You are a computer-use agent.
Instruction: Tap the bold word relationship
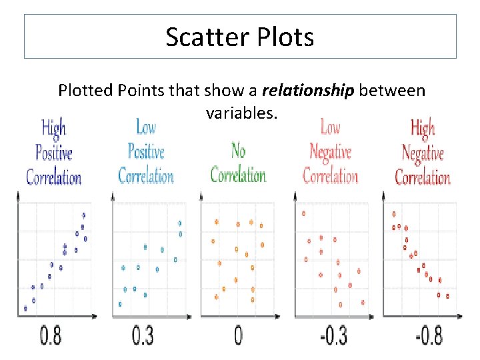[308, 90]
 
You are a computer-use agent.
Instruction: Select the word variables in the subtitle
[241, 113]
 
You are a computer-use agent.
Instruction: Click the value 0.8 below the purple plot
[51, 335]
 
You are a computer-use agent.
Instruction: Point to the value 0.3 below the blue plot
[142, 335]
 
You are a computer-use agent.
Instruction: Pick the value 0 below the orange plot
[238, 335]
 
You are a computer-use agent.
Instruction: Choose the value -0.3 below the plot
[333, 335]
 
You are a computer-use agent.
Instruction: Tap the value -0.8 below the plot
[429, 335]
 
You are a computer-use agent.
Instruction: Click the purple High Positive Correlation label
[54, 153]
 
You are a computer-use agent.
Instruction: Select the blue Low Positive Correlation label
[146, 151]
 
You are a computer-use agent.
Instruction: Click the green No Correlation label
[238, 163]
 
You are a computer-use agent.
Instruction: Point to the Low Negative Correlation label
[330, 151]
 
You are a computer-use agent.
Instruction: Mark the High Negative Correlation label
[423, 153]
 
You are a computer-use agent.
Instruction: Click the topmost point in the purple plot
[83, 215]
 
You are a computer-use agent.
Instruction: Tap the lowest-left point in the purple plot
[25, 308]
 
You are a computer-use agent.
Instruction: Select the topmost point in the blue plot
[180, 223]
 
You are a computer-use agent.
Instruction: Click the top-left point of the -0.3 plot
[304, 214]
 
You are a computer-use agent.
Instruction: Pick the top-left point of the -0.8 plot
[394, 214]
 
